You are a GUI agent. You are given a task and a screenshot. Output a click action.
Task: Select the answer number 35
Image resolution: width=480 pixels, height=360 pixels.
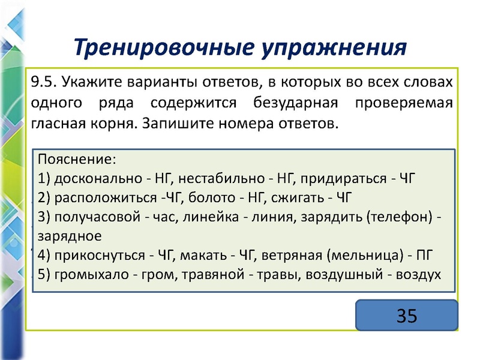click(406, 314)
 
